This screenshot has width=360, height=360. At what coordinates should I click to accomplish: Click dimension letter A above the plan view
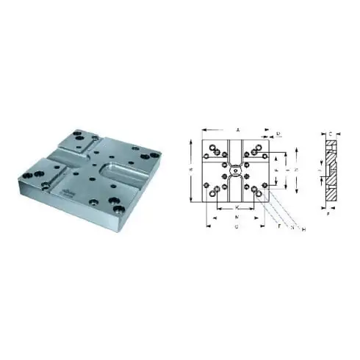[238, 129]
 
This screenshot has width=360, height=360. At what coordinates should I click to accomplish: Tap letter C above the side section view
[330, 134]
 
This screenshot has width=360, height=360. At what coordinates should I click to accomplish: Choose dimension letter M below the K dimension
[237, 218]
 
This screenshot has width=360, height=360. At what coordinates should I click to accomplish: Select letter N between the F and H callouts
[292, 228]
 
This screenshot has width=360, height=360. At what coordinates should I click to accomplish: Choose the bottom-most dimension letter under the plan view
[237, 228]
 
